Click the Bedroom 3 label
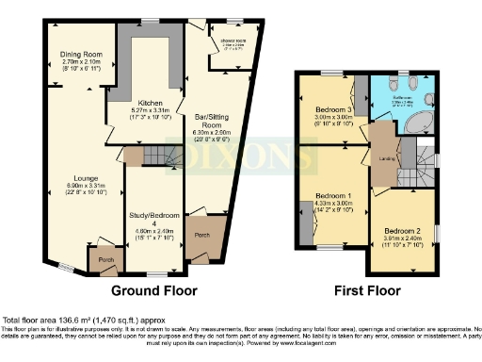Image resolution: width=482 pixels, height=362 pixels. (327, 110)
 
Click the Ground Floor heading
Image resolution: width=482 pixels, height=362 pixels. (153, 289)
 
